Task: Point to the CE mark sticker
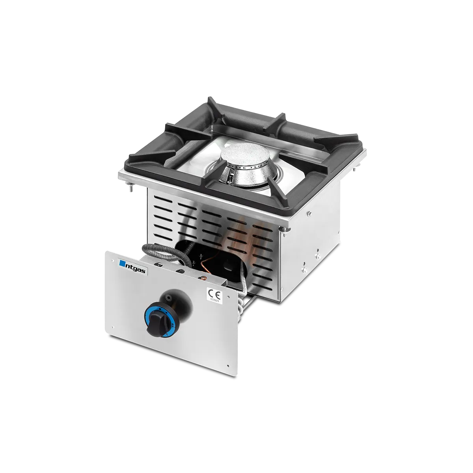(x=216, y=294)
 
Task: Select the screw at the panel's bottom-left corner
(x=113, y=326)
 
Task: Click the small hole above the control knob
(x=171, y=296)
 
